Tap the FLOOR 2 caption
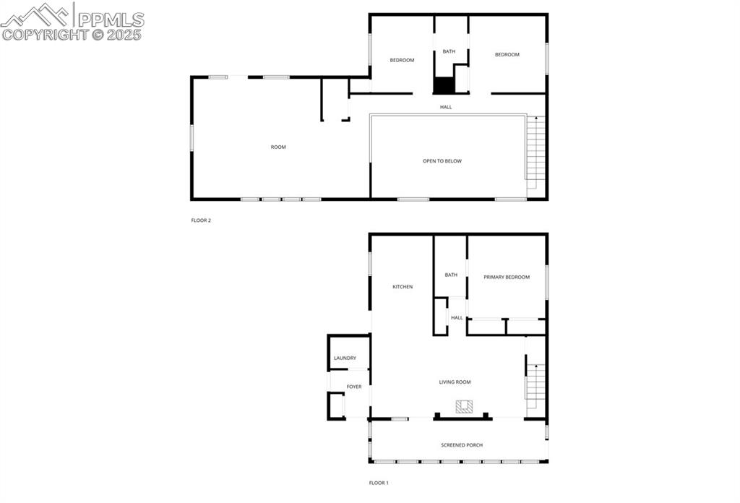click(200, 220)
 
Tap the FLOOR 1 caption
click(379, 483)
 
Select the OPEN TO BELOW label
click(442, 161)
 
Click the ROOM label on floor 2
click(278, 147)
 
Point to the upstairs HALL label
click(446, 107)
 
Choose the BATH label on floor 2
click(449, 51)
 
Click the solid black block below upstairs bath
click(444, 85)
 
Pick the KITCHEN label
click(403, 287)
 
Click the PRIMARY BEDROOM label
click(507, 277)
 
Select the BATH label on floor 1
click(451, 275)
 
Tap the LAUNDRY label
click(345, 358)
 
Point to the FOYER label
click(354, 387)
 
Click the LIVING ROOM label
click(455, 382)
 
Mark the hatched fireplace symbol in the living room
click(462, 407)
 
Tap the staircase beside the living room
click(533, 387)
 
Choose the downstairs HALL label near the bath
click(457, 318)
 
